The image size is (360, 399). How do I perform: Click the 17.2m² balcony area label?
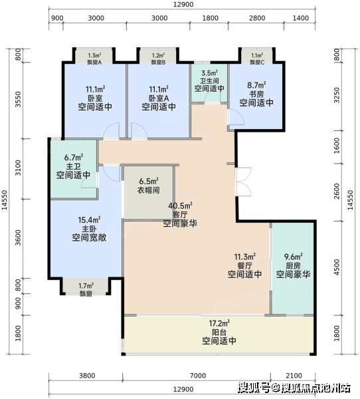[x=219, y=323]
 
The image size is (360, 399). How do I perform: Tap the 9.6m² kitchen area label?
[x=293, y=257]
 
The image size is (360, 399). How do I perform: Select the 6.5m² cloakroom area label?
[x=149, y=182]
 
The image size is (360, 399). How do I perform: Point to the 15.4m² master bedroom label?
[x=89, y=219]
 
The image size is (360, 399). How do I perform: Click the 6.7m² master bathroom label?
[x=74, y=158]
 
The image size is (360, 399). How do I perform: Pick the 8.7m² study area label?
[x=256, y=85]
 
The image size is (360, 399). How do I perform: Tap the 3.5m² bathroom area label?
[x=209, y=73]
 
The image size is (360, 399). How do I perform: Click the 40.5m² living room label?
[x=180, y=205]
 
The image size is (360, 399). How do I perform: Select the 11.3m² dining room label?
[x=245, y=257]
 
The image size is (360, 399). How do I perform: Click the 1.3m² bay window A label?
[x=94, y=55]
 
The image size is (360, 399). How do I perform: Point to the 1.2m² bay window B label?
[x=158, y=55]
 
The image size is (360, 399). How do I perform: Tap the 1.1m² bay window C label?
[x=257, y=55]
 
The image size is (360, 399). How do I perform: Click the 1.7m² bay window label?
[x=86, y=286]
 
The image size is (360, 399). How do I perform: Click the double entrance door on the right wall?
[x=244, y=182]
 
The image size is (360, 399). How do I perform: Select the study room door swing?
[x=236, y=117]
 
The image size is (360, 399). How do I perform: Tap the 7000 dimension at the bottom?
[x=198, y=376]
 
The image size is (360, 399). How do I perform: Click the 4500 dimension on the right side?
[x=337, y=267]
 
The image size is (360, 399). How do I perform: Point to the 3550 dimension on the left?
[x=17, y=99]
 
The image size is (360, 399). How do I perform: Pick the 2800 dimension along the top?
[x=257, y=18]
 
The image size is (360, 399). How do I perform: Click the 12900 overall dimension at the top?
[x=183, y=5]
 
